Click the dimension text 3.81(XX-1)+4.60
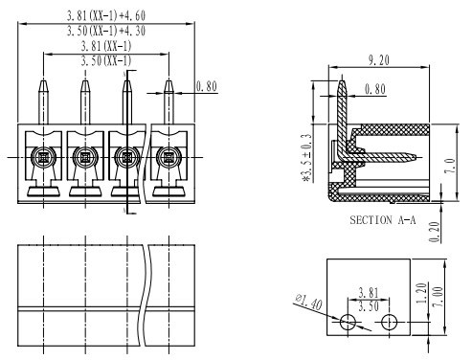click(106, 15)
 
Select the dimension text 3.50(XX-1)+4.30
click(106, 31)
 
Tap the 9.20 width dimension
click(379, 60)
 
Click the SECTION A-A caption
click(383, 220)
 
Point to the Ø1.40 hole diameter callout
click(309, 302)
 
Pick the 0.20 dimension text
click(435, 232)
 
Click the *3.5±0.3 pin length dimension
click(306, 157)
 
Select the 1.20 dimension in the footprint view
click(421, 293)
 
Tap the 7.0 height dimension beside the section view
click(450, 166)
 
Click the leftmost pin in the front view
click(43, 101)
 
